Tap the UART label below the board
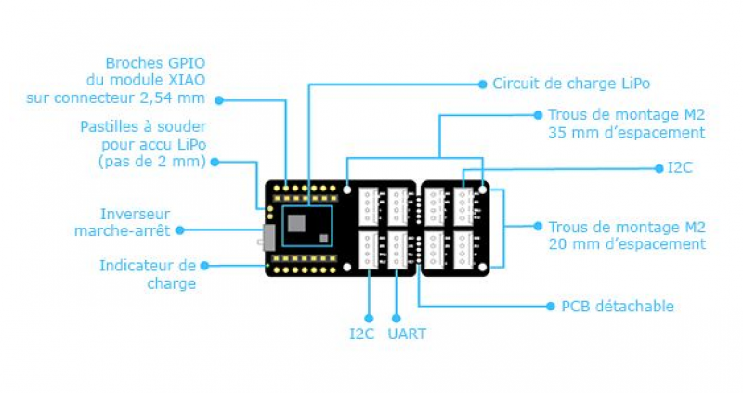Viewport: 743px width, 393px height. pyautogui.click(x=405, y=334)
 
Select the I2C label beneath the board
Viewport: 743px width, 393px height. pyautogui.click(x=362, y=334)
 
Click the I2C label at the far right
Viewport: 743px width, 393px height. pyautogui.click(x=681, y=168)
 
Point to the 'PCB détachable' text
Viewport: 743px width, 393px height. pyautogui.click(x=618, y=306)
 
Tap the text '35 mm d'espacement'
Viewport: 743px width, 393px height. pyautogui.click(x=627, y=133)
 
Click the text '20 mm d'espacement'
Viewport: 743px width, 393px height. pyautogui.click(x=627, y=244)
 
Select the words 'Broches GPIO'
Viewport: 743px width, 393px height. pyautogui.click(x=156, y=64)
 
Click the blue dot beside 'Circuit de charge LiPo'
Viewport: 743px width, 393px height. pyautogui.click(x=482, y=84)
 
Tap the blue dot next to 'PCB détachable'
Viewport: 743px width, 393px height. pyautogui.click(x=550, y=306)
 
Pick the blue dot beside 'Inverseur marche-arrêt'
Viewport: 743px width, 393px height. pyautogui.click(x=180, y=229)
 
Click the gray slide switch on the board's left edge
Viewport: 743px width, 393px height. pyautogui.click(x=267, y=237)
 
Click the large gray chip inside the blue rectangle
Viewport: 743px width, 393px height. pyautogui.click(x=298, y=222)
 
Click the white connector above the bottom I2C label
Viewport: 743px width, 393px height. pyautogui.click(x=370, y=249)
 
